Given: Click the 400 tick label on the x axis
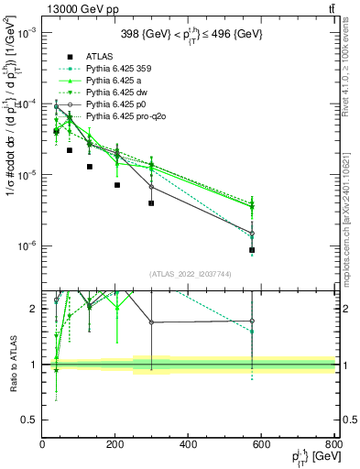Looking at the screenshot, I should point(189,445).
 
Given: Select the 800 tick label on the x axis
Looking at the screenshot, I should point(334,445).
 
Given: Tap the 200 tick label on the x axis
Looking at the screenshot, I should point(115,445).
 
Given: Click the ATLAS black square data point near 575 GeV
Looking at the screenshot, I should point(252,250).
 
